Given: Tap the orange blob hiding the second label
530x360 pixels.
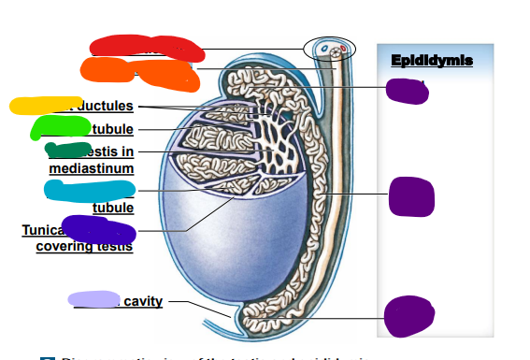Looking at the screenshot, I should pos(136,69).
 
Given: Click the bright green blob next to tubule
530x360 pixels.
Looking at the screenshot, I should pos(60,126).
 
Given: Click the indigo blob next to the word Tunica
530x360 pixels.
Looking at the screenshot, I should pos(97,229).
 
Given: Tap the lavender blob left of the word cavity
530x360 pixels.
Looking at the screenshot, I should pos(93,299).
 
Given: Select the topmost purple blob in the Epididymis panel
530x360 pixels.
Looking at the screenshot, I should pos(407,91).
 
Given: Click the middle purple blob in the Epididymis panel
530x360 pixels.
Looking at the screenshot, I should pos(411,194).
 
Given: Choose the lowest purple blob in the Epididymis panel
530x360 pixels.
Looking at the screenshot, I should pos(409,315).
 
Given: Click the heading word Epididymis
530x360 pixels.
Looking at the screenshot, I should pos(432,61).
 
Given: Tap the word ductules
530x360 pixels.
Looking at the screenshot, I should pos(106,106).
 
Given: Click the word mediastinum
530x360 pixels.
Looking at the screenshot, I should pos(92,168).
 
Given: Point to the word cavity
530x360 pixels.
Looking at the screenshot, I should pos(143,301).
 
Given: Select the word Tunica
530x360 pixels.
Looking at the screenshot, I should pos(41,230).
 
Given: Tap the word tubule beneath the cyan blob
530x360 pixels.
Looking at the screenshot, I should pos(112,208).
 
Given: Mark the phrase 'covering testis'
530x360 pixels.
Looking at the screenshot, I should pos(84,247).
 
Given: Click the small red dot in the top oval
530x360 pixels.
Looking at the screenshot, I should pos(343,48).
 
